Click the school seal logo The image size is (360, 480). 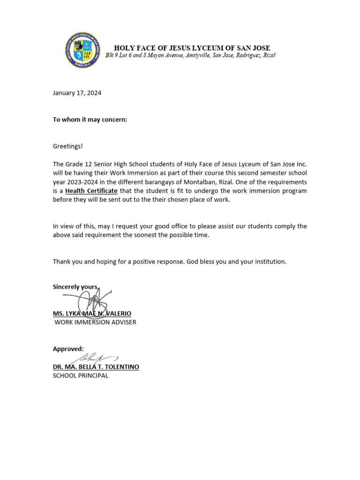click(x=82, y=51)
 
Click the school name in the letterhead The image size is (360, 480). click(x=192, y=48)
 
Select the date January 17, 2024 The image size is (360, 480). click(x=77, y=93)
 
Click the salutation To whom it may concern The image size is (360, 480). click(x=90, y=120)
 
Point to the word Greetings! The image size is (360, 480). click(x=67, y=146)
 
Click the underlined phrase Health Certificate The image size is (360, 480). click(x=91, y=191)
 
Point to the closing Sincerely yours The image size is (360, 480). click(x=75, y=287)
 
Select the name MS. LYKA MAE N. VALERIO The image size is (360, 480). click(x=92, y=313)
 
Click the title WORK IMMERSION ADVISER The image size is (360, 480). click(x=95, y=322)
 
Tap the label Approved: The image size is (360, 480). click(x=68, y=349)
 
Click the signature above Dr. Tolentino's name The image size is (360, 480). click(x=94, y=359)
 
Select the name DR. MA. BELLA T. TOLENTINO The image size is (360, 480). click(x=96, y=367)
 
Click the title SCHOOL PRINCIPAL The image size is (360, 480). click(x=80, y=375)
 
